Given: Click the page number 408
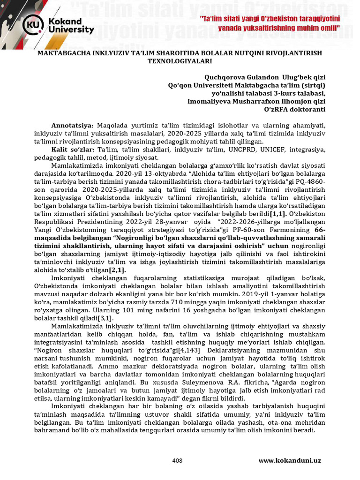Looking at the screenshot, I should (177, 461).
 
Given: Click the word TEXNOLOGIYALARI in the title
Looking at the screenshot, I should (180, 61).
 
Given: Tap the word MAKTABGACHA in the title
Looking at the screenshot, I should (58, 53).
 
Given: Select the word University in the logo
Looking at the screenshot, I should (73, 30).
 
